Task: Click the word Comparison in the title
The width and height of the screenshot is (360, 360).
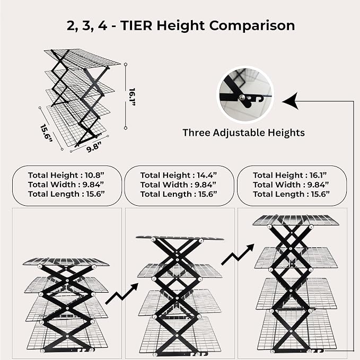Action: click(252, 25)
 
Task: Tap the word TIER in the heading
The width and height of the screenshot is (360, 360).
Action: click(136, 25)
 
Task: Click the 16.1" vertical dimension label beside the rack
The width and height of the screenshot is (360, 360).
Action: click(132, 96)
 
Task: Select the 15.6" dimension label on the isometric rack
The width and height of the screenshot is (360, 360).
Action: click(46, 133)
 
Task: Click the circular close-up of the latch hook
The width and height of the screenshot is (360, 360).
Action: click(245, 94)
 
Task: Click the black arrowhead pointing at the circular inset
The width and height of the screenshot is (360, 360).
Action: click(291, 101)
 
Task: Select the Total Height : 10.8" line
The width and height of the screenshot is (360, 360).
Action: click(66, 175)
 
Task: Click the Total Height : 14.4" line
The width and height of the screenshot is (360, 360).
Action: click(178, 175)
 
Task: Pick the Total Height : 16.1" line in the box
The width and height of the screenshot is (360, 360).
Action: click(289, 175)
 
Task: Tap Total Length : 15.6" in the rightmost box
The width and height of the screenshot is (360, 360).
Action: click(291, 194)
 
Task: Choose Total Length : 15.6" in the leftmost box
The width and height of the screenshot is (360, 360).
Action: click(66, 194)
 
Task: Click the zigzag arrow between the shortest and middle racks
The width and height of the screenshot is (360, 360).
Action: click(122, 294)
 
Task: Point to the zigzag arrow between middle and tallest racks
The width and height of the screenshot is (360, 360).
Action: click(238, 254)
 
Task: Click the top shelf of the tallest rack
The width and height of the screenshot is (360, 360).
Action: click(296, 220)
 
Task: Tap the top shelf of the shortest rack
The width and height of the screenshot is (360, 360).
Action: click(66, 261)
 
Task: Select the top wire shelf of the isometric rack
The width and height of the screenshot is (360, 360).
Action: click(82, 57)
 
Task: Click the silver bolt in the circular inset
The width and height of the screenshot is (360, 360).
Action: click(242, 98)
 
